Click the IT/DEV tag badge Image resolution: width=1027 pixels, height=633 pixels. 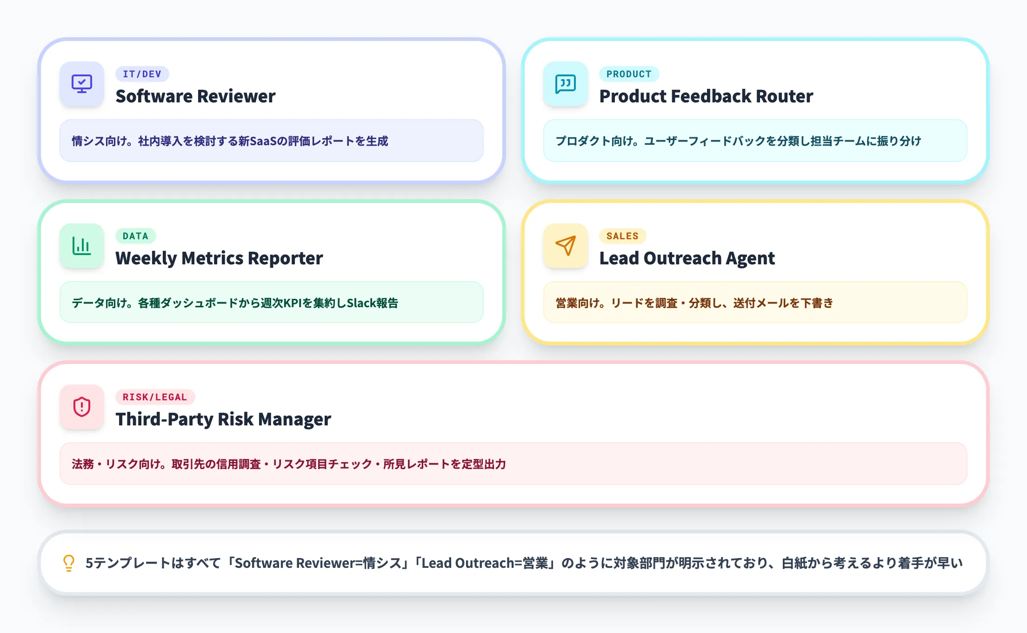[142, 74]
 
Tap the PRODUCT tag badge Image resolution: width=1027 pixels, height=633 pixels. [629, 74]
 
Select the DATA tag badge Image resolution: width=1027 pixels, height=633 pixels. [135, 236]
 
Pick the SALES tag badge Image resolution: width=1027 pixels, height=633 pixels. [622, 236]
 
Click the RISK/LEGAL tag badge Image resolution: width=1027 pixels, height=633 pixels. [155, 397]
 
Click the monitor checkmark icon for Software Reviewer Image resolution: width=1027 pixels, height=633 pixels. [82, 84]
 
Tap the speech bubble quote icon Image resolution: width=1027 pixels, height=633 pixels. [566, 84]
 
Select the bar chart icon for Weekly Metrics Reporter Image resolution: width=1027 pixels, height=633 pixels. [82, 246]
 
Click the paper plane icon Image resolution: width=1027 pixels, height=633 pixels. [566, 246]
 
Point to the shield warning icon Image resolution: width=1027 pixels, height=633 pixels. [82, 407]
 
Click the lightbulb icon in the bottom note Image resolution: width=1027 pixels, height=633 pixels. [69, 563]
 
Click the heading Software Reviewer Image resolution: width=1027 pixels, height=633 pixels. [195, 96]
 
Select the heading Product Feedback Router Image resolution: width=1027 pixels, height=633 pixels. [706, 96]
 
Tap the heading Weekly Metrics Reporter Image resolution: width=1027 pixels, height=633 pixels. [219, 258]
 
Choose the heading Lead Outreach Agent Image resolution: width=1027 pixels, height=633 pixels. [687, 258]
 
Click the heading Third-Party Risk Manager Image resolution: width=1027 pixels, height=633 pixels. [223, 419]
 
